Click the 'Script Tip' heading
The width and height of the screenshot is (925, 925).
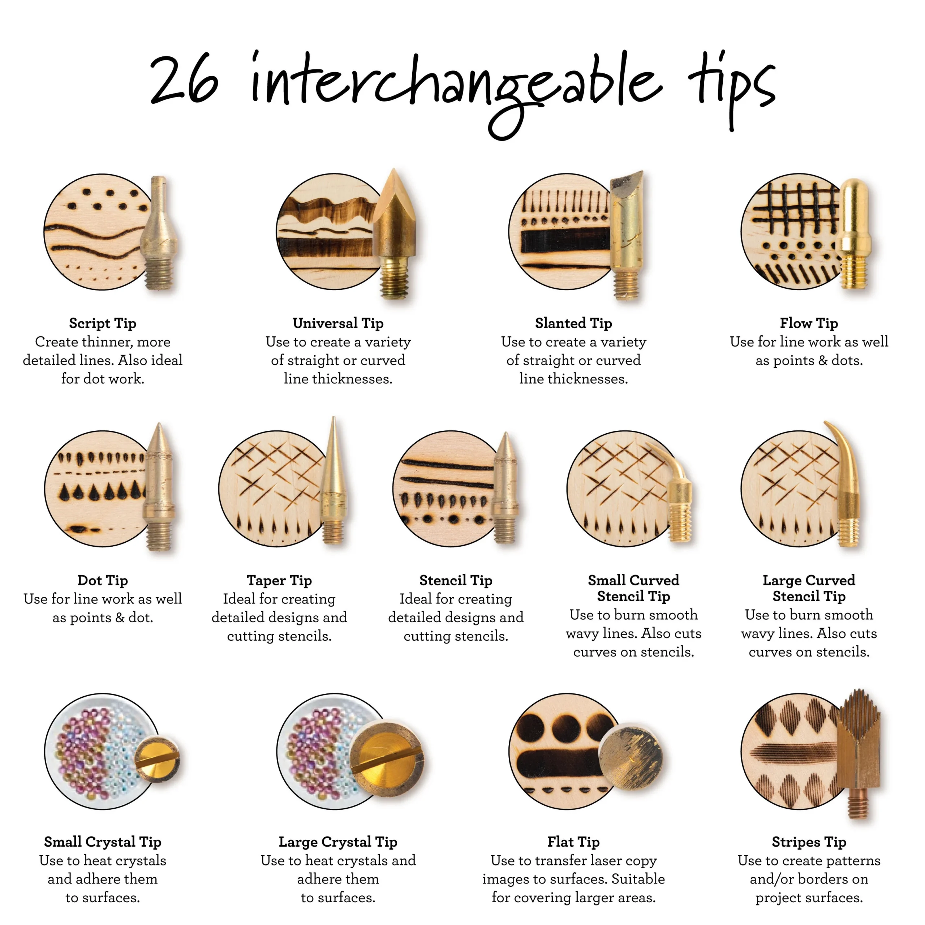pos(103,323)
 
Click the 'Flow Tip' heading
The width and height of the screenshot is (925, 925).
pos(809,323)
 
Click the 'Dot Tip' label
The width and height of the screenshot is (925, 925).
pos(103,580)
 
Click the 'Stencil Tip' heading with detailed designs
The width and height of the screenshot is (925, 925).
pos(455,580)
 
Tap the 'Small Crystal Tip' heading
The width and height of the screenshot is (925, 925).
pos(103,842)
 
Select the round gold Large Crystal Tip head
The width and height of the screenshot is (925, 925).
pos(387,758)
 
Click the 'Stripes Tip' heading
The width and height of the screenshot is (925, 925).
pos(809,842)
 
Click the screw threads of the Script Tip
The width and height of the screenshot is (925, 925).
pos(159,275)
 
